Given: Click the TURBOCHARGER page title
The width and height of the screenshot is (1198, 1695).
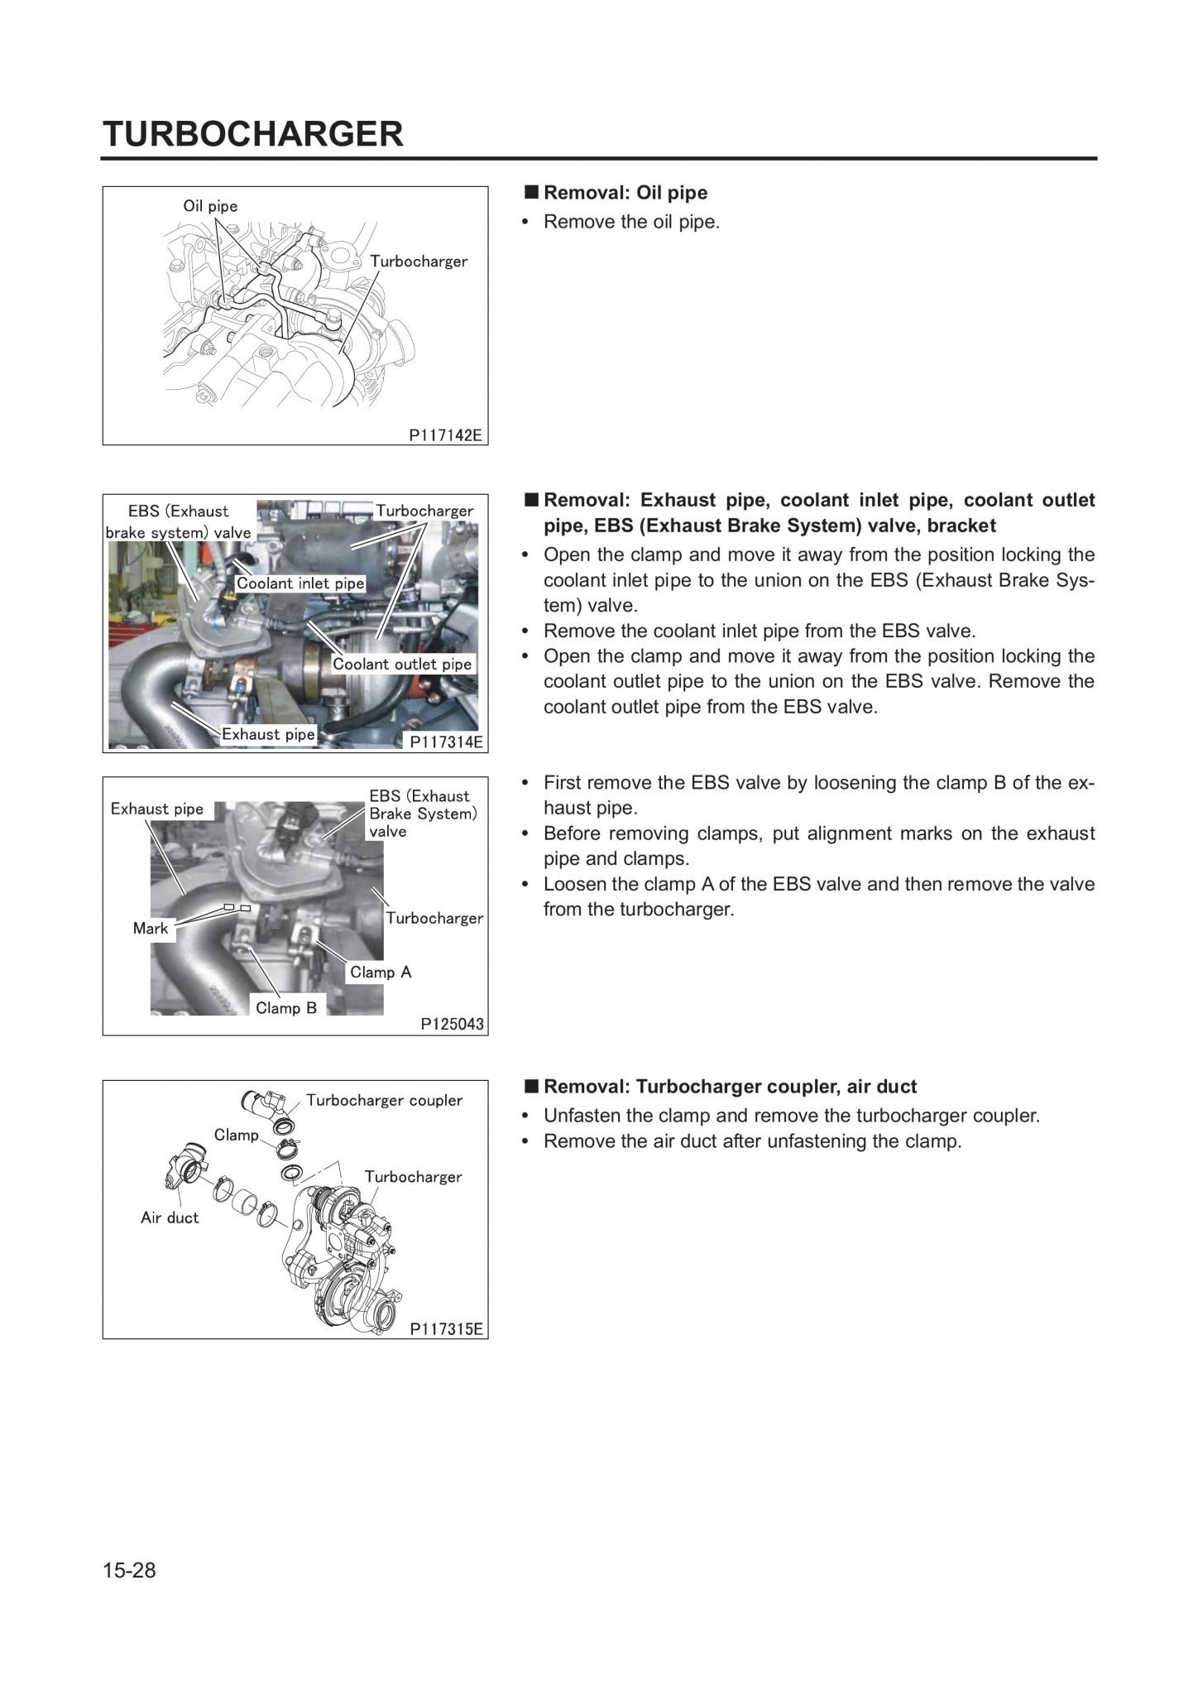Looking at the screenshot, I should tap(252, 133).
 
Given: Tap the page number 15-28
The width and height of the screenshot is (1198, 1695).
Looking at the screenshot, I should tap(129, 1570).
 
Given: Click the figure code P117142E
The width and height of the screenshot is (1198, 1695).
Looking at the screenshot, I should tap(445, 435).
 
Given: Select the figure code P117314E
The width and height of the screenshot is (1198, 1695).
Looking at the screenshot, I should tap(446, 742).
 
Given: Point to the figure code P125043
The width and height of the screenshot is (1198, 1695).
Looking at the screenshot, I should tap(452, 1024).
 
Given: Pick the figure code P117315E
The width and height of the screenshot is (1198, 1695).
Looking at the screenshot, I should tap(446, 1328).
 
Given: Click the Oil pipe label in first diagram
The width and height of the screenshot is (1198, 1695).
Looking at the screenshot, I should tap(210, 206).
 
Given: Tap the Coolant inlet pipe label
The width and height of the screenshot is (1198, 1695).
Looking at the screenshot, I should tap(300, 583).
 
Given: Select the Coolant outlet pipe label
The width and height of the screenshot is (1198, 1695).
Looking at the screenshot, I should tap(402, 664).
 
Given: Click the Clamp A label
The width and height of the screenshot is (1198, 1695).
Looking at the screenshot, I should tap(381, 972).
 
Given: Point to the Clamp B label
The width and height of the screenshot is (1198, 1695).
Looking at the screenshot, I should tap(286, 1007).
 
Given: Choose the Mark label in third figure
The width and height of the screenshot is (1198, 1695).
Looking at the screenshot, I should tap(151, 929).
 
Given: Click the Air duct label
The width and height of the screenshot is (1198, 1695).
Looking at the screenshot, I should tap(170, 1217).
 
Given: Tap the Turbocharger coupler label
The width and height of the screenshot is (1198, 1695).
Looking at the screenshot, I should tap(384, 1100).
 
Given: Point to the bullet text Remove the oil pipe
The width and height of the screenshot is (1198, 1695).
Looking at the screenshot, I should tap(631, 222).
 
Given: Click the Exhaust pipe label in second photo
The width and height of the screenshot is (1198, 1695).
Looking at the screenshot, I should tap(268, 734).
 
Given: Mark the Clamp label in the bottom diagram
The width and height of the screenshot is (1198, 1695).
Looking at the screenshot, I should tap(237, 1135).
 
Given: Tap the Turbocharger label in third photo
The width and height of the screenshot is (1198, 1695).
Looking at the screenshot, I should tap(434, 918).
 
